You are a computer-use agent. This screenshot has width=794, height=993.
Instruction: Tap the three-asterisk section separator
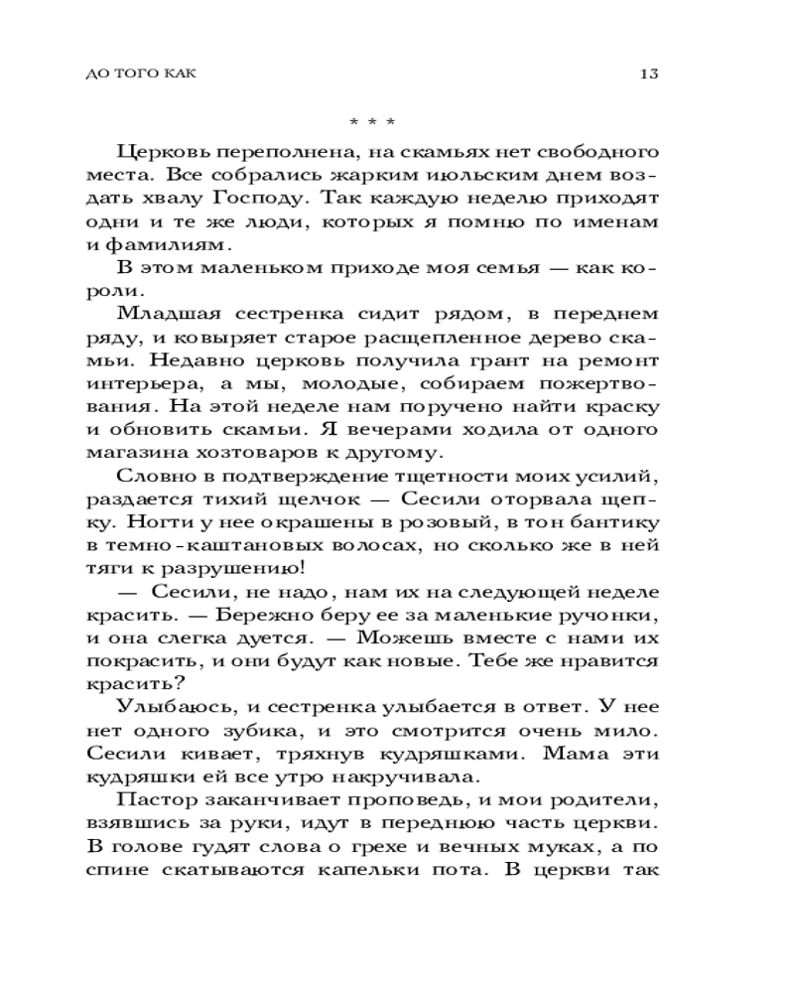pyautogui.click(x=373, y=123)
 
